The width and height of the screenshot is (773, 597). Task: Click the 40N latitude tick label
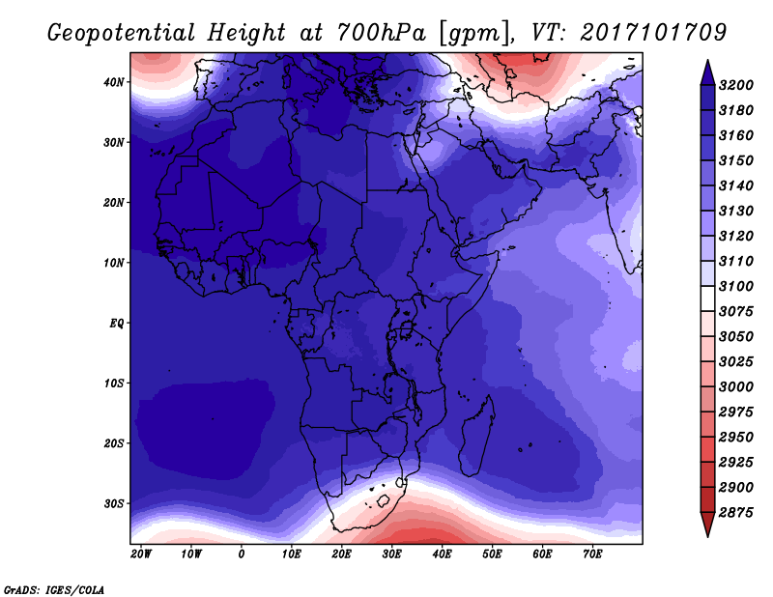point(114,82)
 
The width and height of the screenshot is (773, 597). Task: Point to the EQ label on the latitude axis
point(117,324)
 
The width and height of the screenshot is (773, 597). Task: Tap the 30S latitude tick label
point(114,504)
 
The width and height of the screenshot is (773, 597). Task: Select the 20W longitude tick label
point(141,554)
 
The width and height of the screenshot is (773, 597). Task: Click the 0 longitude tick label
point(241,554)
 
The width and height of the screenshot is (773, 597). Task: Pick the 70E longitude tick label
point(592,554)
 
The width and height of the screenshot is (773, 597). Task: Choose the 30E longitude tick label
point(391,554)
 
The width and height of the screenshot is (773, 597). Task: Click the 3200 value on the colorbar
point(736,85)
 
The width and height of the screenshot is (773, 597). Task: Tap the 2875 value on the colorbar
point(736,513)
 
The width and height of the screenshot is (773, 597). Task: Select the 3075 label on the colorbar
point(736,312)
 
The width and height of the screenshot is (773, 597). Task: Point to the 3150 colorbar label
point(736,160)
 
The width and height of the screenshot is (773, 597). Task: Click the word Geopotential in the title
point(122,34)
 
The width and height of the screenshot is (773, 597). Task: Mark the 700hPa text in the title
point(381,33)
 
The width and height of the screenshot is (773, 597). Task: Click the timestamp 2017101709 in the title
point(653,33)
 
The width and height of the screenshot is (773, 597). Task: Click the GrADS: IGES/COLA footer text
point(54,589)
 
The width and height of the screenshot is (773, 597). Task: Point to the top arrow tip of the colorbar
point(707,61)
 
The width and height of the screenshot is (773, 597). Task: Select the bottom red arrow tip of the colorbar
point(707,535)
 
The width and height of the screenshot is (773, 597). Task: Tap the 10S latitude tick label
point(114,384)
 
